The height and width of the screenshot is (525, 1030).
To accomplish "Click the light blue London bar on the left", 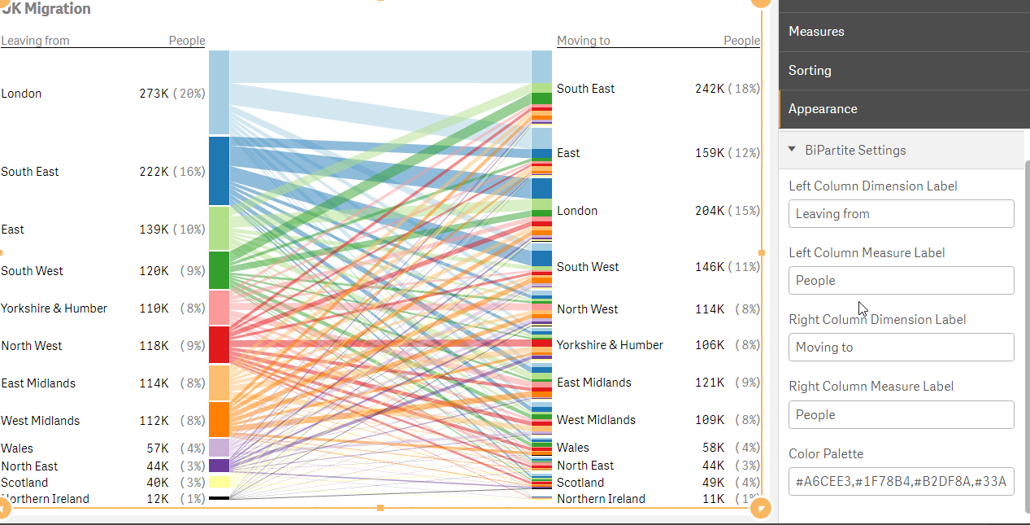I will click(219, 92).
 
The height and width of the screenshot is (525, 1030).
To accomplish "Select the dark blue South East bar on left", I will click(219, 171).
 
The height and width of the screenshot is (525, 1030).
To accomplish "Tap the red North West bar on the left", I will click(219, 344).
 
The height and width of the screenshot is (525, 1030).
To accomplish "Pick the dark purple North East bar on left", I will click(219, 466).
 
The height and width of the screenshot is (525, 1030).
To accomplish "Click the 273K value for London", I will click(154, 94).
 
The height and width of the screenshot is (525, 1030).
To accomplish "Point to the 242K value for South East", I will click(709, 89).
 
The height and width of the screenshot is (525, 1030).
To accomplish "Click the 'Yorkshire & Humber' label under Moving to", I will click(610, 345).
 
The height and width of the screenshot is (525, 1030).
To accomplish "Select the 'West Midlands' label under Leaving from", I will click(41, 421).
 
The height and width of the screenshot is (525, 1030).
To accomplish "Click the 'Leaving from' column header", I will click(35, 41).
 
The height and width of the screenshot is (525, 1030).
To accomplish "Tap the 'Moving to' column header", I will click(583, 41).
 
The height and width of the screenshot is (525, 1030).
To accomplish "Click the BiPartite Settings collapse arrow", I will click(792, 150).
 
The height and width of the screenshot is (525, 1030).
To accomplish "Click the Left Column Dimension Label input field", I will click(901, 214).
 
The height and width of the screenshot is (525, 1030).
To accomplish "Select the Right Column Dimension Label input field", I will click(901, 348).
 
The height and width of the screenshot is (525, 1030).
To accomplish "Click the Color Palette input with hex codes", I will click(901, 482).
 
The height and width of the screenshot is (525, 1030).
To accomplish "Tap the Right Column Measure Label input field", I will click(901, 415).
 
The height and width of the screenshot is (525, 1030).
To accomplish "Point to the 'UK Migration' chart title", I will click(46, 9).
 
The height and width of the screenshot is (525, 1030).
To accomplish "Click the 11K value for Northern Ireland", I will click(713, 499).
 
